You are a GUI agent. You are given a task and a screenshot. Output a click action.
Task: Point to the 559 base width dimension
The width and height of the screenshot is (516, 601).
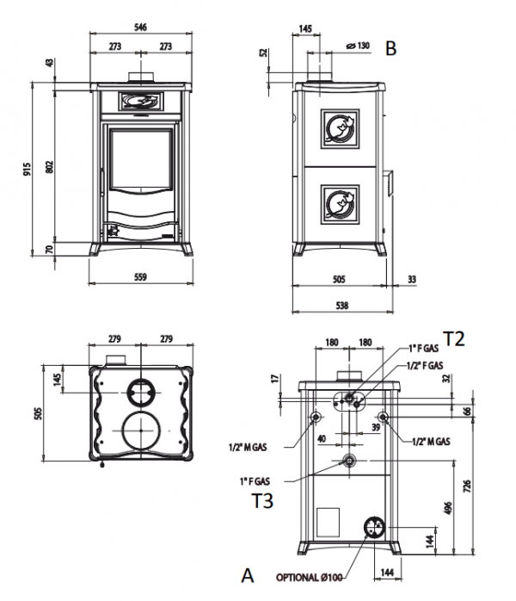tap(142, 276)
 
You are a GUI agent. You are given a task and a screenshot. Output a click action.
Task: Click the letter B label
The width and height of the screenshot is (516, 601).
tap(391, 49)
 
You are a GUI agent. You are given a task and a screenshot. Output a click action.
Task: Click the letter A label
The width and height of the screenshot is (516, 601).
tap(248, 574)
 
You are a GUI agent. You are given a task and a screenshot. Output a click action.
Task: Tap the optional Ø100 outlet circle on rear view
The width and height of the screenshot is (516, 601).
tap(374, 528)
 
